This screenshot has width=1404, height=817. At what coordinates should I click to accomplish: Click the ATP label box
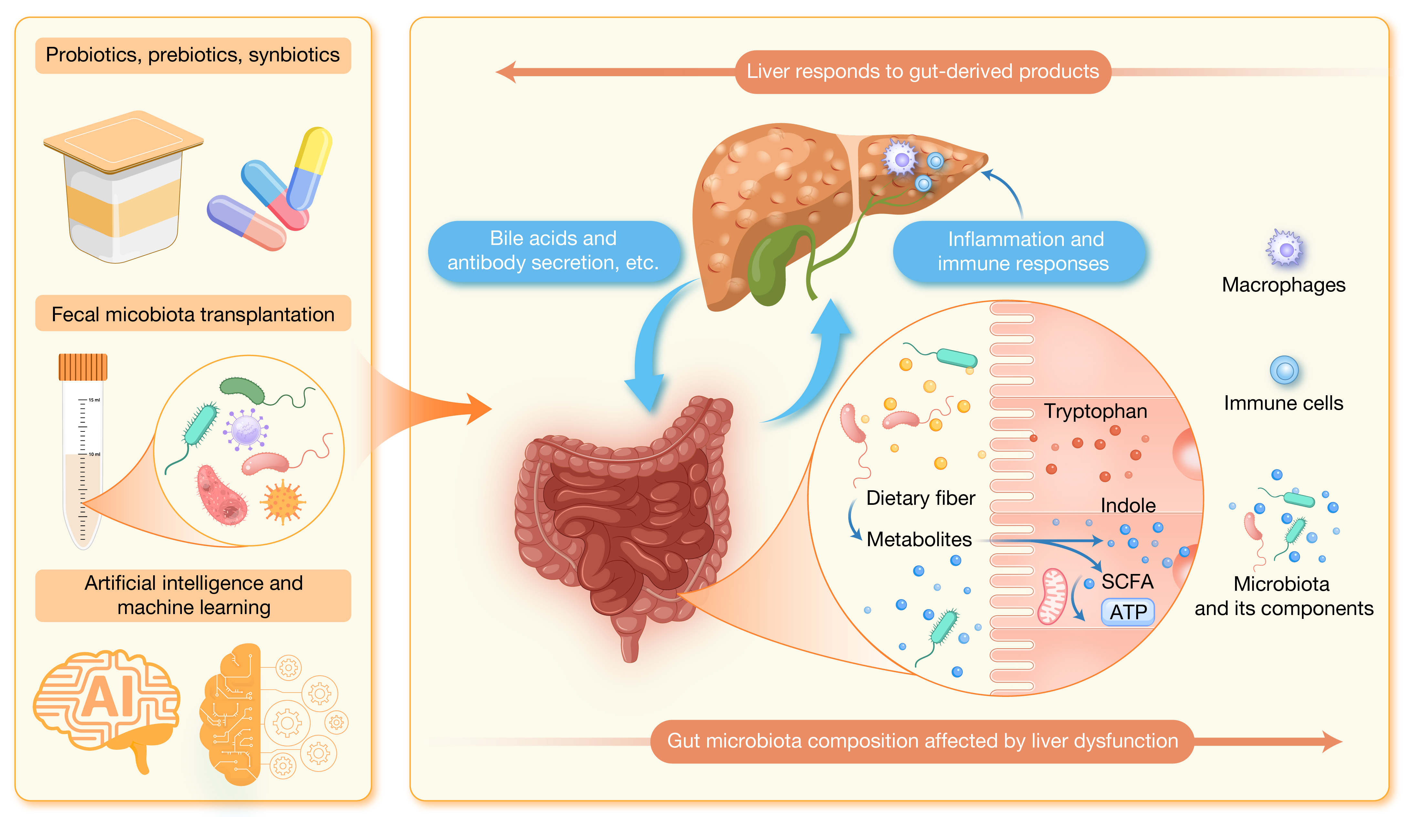pyautogui.click(x=1128, y=612)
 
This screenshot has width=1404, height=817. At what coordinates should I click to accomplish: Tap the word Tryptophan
pyautogui.click(x=1095, y=411)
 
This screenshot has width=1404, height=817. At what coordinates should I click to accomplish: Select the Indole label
pyautogui.click(x=1128, y=505)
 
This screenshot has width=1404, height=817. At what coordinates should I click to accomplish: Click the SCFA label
pyautogui.click(x=1127, y=581)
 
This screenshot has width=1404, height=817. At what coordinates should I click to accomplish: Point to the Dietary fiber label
pyautogui.click(x=920, y=498)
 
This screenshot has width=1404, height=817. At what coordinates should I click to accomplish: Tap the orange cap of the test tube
pyautogui.click(x=83, y=367)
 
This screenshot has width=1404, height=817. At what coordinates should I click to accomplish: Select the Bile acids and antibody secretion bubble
pyautogui.click(x=553, y=250)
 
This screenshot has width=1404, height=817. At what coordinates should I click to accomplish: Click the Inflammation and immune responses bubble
pyautogui.click(x=1023, y=251)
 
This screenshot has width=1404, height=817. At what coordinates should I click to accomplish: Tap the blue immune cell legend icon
pyautogui.click(x=1284, y=370)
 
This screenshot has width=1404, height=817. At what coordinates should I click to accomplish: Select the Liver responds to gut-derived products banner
pyautogui.click(x=923, y=71)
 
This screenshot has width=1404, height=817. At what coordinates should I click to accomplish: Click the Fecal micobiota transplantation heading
pyautogui.click(x=193, y=314)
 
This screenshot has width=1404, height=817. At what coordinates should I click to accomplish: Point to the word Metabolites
pyautogui.click(x=919, y=539)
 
